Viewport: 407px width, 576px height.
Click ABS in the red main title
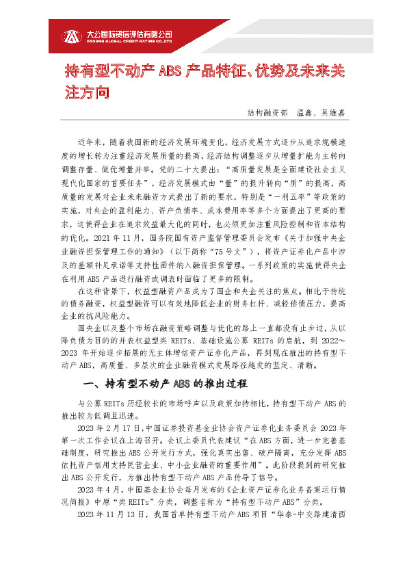pyautogui.click(x=168, y=71)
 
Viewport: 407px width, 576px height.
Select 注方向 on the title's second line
pyautogui.click(x=87, y=92)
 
